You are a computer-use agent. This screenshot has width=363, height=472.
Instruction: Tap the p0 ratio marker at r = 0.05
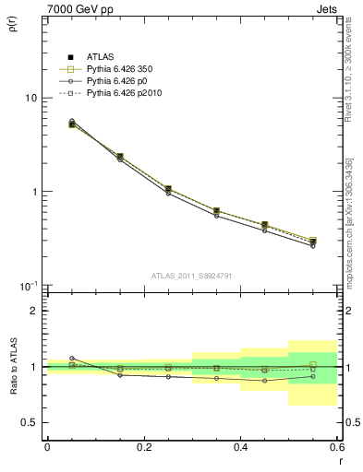click(x=72, y=359)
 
